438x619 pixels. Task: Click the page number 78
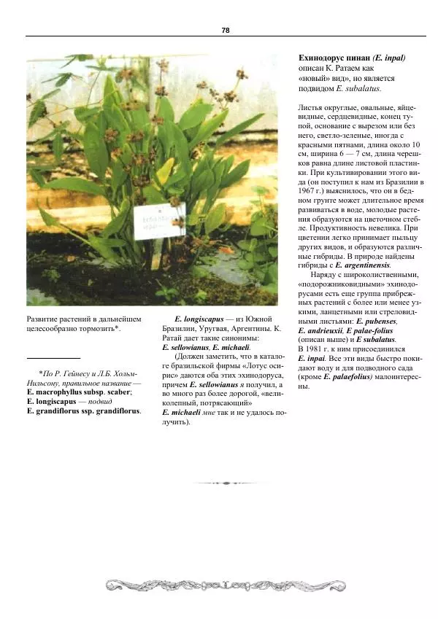(x=226, y=30)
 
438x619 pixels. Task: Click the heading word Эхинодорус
(x=322, y=58)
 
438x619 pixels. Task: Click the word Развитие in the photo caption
(x=44, y=319)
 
